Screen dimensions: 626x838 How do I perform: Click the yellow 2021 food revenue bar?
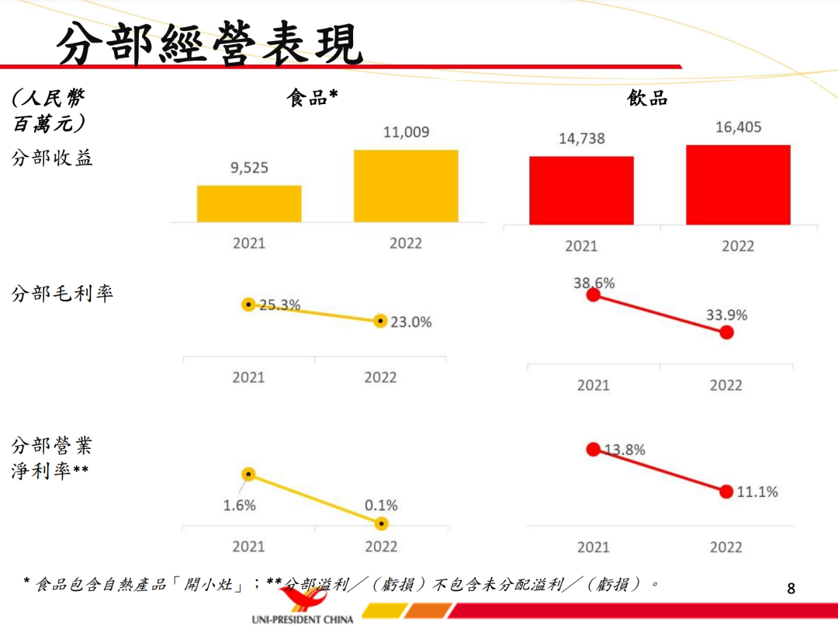249,203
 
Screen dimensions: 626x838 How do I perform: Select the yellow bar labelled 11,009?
406,186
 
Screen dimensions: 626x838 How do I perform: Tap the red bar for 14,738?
581,190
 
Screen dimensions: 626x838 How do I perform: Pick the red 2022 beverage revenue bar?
738,185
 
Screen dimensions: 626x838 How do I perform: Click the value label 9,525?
249,168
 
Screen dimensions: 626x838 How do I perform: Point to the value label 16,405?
738,127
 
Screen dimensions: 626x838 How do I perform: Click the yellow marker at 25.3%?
248,305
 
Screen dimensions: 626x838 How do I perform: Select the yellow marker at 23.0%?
380,321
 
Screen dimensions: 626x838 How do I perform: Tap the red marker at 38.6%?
594,294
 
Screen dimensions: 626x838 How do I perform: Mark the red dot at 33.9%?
726,332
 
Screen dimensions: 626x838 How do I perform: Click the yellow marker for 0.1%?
381,524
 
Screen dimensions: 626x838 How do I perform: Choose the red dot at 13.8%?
594,449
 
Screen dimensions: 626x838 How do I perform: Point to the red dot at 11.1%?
726,492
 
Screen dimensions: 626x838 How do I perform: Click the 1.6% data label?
239,506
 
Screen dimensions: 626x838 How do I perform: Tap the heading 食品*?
313,98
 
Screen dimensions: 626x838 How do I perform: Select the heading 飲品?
647,98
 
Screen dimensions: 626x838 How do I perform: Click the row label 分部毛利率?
62,294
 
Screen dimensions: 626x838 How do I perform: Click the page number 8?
791,588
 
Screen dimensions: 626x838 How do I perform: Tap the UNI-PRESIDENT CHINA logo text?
303,619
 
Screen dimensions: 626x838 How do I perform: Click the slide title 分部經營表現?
209,44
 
